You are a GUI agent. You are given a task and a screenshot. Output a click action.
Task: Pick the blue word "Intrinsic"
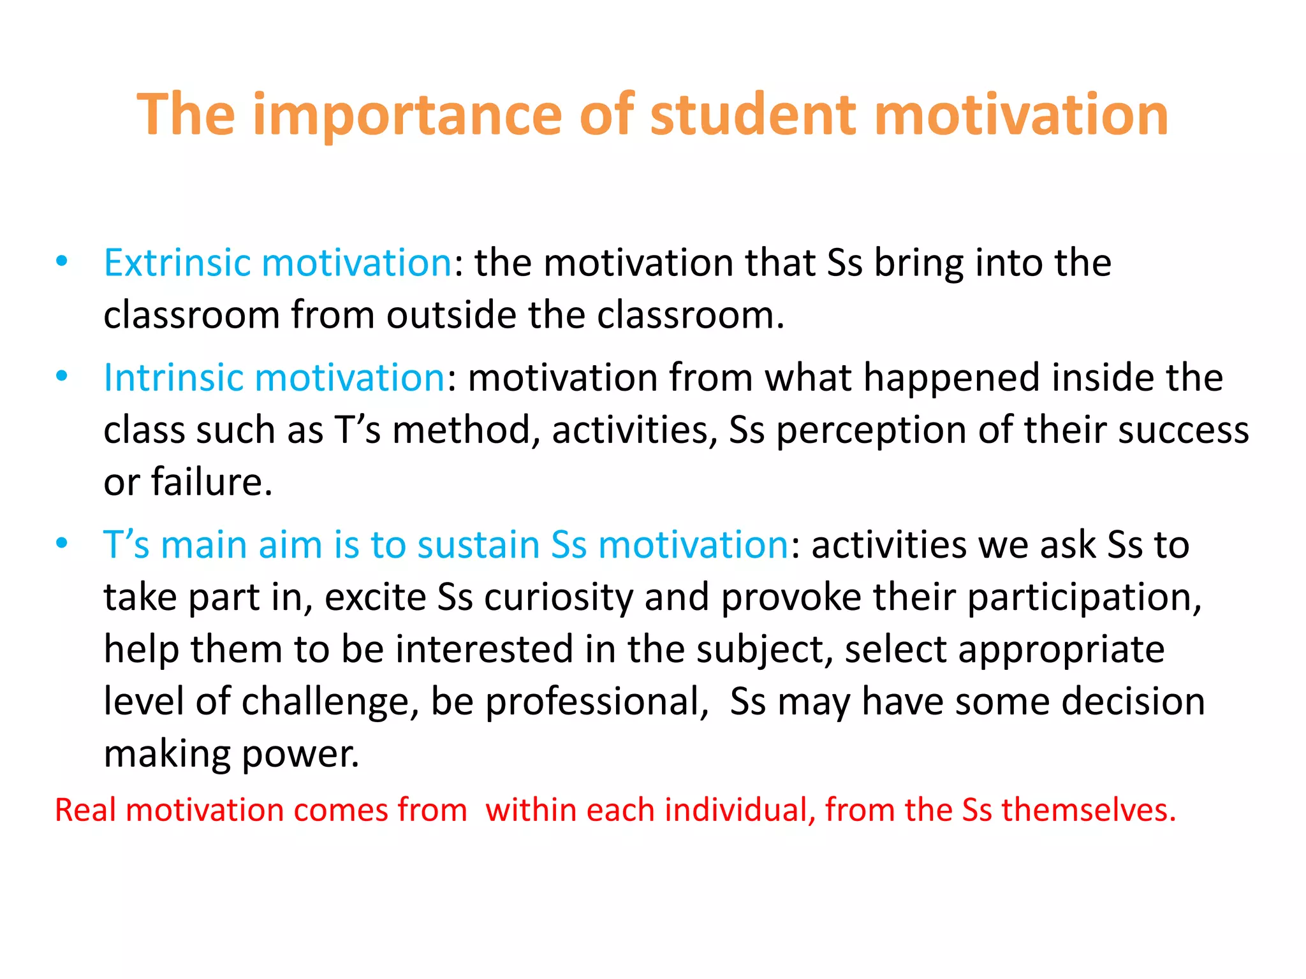pos(173,377)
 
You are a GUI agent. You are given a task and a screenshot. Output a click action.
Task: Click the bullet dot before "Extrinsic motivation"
pos(62,261)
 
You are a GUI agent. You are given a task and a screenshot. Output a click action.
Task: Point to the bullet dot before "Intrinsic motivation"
pos(62,376)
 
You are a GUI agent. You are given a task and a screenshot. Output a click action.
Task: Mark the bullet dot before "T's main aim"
pos(62,543)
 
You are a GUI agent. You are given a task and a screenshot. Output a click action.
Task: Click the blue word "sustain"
pos(478,545)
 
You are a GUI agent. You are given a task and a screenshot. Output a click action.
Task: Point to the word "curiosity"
pos(559,597)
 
